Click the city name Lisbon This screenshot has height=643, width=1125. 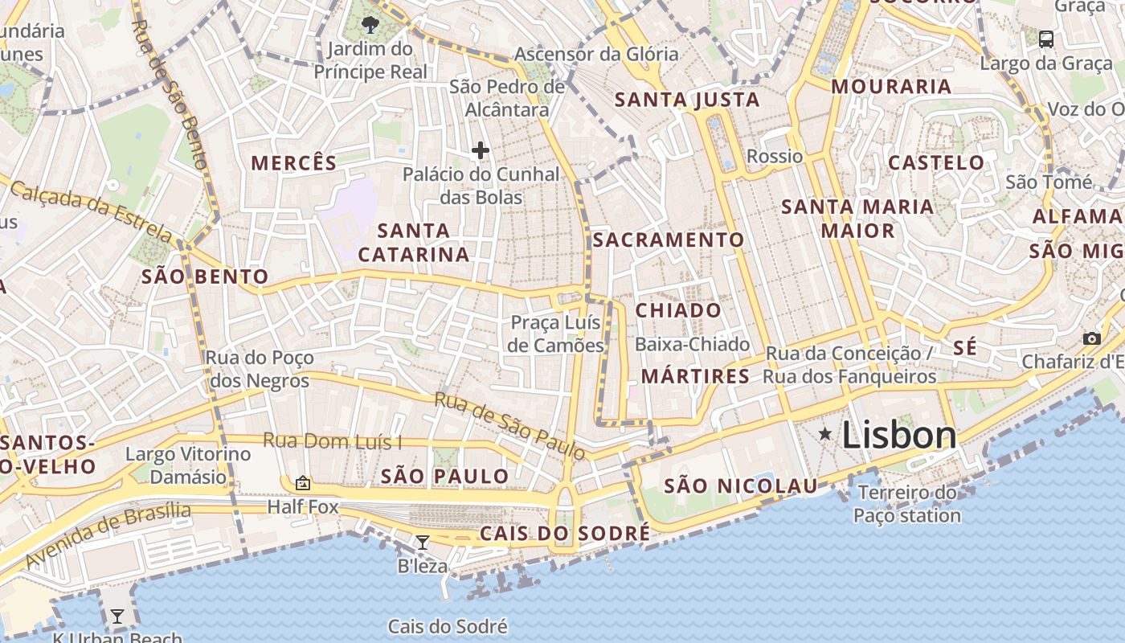[x=899, y=435]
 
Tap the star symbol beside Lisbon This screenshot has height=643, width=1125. [x=824, y=434]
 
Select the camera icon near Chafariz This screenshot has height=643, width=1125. [x=1091, y=338]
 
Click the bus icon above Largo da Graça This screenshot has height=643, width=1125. [x=1046, y=39]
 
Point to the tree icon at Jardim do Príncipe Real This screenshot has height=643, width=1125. [x=370, y=24]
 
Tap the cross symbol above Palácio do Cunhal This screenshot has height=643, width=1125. [x=481, y=150]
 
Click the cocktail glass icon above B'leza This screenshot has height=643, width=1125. [x=423, y=543]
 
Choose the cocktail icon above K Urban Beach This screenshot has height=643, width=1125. [x=117, y=616]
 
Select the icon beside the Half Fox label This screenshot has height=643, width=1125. [x=303, y=483]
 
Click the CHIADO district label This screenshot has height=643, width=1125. [x=678, y=310]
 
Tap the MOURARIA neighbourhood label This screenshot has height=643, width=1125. [x=891, y=87]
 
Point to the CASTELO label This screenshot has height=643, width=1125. [x=936, y=162]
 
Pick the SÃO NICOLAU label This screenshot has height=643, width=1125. [x=740, y=485]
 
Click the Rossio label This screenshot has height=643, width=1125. [x=775, y=156]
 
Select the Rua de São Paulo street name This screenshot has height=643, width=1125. [x=510, y=425]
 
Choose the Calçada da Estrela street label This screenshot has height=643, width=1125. [x=91, y=211]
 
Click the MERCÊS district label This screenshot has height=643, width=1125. [x=294, y=163]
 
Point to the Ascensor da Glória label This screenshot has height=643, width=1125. [x=596, y=55]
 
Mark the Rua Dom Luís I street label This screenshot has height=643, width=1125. [x=333, y=441]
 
